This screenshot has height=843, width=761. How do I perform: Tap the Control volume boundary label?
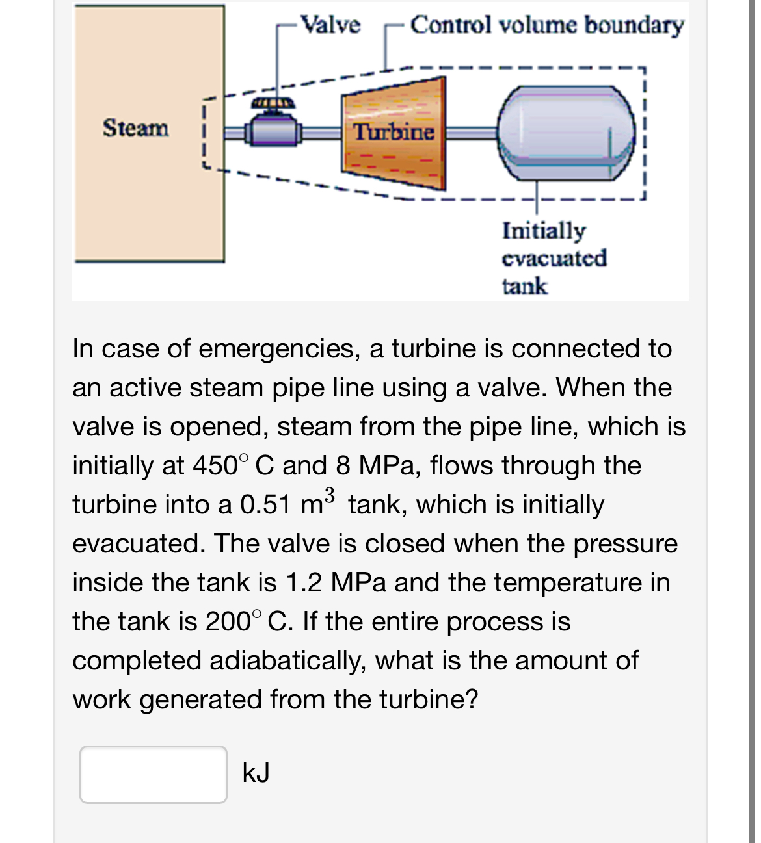546,25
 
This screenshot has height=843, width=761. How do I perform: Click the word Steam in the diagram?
135,128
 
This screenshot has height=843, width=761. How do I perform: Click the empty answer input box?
154,774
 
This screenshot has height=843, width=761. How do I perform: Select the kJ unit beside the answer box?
256,773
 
